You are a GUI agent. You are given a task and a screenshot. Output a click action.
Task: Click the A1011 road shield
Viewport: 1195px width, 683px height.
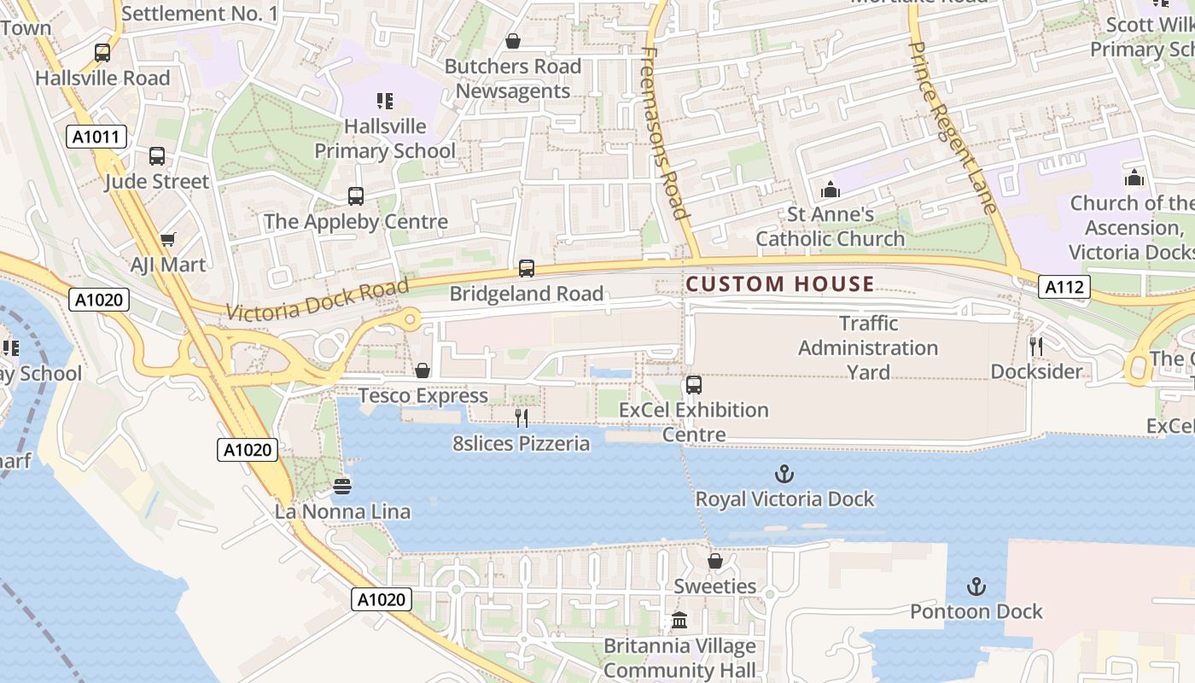96,137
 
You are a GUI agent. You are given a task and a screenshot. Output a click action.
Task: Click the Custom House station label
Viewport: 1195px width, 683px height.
780,284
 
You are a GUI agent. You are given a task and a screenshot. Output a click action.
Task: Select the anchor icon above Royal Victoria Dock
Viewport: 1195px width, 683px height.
784,474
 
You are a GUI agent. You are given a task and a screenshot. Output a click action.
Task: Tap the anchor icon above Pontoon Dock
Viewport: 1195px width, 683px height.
976,587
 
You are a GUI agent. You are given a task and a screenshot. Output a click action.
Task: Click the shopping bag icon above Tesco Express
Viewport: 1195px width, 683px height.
422,371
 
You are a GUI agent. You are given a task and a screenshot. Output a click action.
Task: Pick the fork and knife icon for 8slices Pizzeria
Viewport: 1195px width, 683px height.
521,418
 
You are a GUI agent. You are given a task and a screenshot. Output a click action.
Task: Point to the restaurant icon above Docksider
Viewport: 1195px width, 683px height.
1036,347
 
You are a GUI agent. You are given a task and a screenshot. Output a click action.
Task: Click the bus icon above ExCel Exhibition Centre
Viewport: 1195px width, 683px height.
693,385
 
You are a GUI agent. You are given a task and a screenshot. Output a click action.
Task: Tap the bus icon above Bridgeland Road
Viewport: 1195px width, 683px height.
527,269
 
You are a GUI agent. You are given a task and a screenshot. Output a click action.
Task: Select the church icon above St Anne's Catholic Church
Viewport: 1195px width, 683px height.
830,190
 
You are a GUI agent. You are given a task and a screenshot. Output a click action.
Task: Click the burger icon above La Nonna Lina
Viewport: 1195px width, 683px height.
342,487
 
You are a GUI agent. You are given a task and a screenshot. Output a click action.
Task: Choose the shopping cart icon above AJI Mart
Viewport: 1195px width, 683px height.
168,240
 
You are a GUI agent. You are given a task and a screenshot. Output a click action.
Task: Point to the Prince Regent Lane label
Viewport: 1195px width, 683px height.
953,126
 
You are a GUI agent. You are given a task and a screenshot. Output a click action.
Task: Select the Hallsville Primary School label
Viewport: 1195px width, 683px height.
385,139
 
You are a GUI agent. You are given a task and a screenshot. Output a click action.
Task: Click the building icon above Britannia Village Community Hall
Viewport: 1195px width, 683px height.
679,621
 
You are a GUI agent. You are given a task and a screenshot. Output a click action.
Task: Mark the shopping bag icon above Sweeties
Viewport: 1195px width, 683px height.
715,561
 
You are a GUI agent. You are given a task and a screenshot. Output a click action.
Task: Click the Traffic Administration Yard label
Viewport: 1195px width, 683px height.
868,347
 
